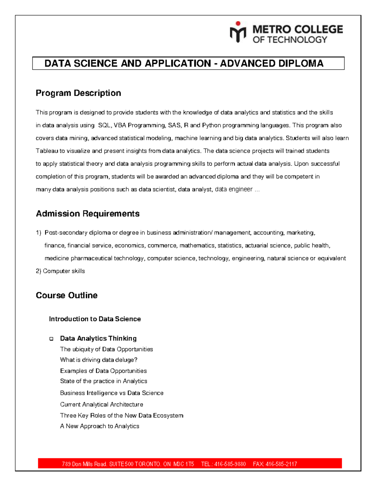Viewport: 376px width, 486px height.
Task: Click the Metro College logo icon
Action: click(238, 32)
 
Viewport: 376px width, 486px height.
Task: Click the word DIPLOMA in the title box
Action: click(300, 64)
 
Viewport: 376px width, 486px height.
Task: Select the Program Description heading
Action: click(78, 93)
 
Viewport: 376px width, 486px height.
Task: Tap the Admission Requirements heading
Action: click(88, 214)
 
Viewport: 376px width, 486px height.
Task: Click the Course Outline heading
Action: click(66, 295)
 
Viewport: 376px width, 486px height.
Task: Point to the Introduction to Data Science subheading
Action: click(95, 319)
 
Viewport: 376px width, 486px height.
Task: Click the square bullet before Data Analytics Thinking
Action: click(51, 339)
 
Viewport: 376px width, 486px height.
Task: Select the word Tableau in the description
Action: click(47, 151)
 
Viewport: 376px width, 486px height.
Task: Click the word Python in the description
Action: click(211, 125)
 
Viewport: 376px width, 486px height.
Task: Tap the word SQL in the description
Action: click(104, 125)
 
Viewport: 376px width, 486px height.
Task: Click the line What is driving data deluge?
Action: click(99, 360)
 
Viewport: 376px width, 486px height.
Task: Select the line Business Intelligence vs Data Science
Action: click(112, 393)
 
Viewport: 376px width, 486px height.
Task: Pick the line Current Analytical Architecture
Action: click(102, 405)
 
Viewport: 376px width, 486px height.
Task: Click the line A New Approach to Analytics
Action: click(100, 426)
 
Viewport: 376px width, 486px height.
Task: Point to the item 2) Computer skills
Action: click(60, 271)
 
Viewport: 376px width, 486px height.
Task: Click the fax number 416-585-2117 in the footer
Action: click(281, 464)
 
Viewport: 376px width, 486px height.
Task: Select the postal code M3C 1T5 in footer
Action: click(184, 464)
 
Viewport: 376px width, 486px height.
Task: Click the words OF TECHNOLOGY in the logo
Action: click(290, 40)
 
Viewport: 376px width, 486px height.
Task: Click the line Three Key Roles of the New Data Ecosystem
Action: click(122, 416)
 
